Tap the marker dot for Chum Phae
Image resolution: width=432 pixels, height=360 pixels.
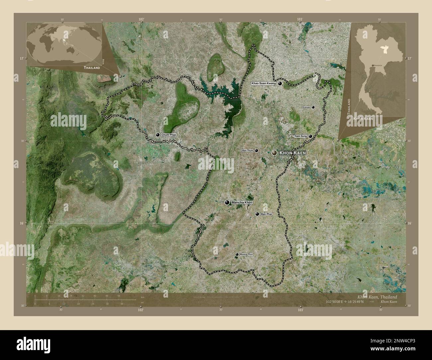[x=158, y=135]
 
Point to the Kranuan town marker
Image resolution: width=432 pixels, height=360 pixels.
[x=313, y=107]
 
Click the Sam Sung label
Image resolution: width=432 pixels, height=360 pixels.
[x=300, y=136]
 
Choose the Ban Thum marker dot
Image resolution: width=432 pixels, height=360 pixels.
[x=257, y=150]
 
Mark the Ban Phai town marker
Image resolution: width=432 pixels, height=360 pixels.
[x=257, y=214]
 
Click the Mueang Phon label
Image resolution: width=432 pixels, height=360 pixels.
[x=246, y=254]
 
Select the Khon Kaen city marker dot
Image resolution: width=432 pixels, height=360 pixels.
[x=274, y=153]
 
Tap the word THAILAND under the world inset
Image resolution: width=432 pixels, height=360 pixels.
[x=92, y=67]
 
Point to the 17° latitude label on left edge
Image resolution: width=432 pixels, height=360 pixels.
[x=21, y=58]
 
